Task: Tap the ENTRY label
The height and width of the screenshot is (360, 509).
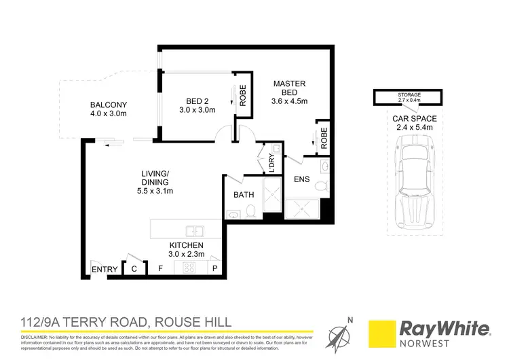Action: [105, 270]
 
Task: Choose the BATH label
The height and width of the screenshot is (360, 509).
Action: [243, 195]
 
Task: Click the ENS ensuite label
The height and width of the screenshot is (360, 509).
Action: [301, 180]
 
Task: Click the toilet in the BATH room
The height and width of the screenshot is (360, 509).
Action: [250, 212]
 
